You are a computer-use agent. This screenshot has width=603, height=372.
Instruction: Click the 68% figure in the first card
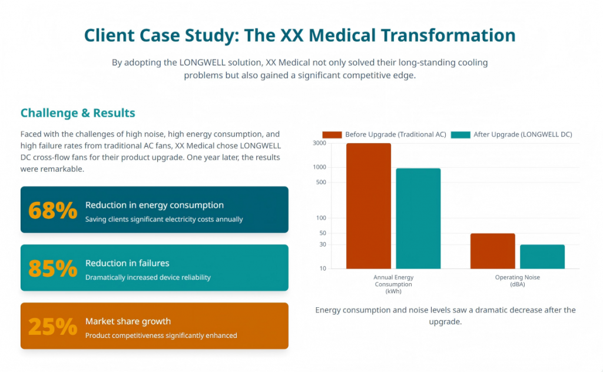pos(52,210)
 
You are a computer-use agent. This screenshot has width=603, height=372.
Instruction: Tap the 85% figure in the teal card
pos(52,268)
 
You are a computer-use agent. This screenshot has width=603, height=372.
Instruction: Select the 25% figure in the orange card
pos(52,326)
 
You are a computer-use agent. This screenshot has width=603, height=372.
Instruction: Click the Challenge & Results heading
pos(78,113)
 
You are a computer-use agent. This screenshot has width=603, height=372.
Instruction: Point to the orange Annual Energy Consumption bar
pos(369,206)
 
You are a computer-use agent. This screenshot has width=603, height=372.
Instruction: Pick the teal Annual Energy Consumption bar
pos(418,218)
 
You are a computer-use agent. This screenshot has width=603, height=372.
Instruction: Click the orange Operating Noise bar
pos(492,251)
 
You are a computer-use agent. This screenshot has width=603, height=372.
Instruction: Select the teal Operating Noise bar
pos(542,257)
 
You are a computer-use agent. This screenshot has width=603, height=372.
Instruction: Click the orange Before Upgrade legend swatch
pos(332,135)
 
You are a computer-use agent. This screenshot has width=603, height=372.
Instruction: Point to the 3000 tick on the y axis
pos(319,143)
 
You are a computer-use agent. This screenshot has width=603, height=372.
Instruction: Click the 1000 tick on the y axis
pos(319,167)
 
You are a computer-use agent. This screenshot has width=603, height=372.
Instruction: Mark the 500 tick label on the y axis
pos(321,182)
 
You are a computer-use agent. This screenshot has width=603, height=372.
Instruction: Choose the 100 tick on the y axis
pos(321,218)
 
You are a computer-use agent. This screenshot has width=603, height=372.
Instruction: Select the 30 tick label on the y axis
pos(323,245)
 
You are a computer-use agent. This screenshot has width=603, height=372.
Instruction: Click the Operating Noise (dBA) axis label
pos(517,281)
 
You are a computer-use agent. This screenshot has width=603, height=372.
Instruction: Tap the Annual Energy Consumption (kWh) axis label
pos(393,284)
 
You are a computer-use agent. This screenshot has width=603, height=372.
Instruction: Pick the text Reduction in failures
pos(127,263)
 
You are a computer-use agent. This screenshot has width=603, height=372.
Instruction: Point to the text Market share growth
pos(128,321)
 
